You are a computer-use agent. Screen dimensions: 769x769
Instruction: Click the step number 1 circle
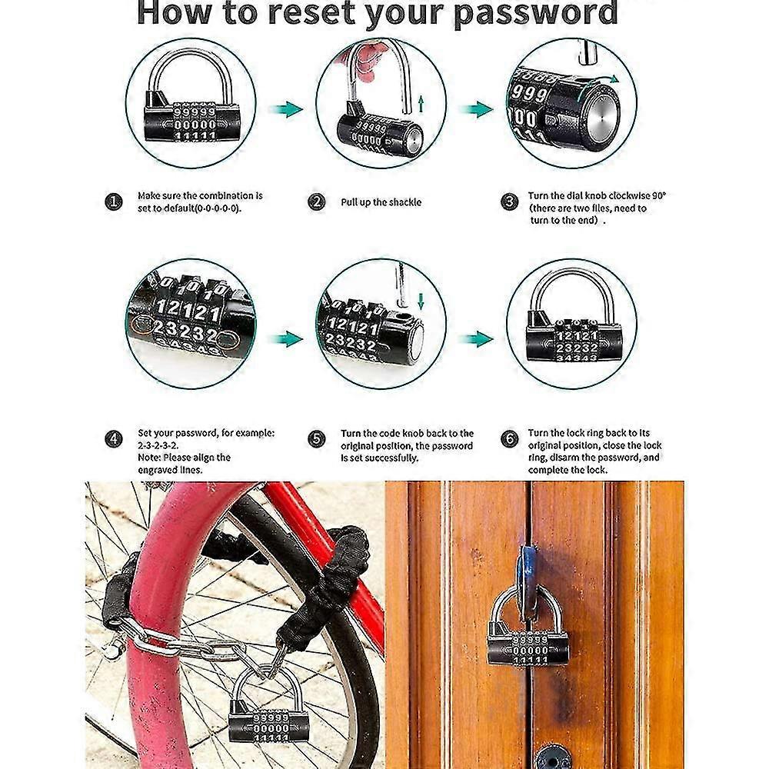tap(113, 202)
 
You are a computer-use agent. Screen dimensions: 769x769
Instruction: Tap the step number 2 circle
tap(317, 202)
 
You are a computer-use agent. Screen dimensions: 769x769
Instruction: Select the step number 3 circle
tap(509, 202)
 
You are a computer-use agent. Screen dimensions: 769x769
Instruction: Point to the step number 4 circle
tap(113, 439)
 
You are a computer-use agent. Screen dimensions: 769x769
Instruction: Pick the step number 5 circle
tap(317, 439)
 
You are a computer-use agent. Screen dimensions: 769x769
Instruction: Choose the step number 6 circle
tap(509, 439)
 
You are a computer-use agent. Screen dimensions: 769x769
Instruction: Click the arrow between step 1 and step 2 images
tap(288, 109)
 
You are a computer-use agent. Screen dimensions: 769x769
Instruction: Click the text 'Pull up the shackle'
tap(381, 202)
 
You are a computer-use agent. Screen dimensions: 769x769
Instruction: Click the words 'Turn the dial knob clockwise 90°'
tap(597, 196)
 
